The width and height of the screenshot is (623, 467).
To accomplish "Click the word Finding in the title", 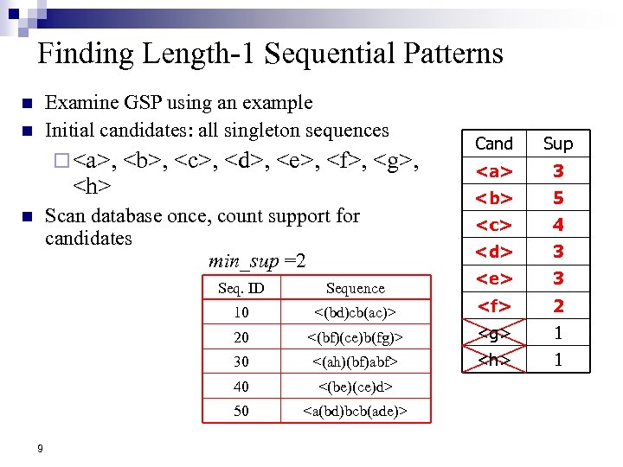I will tap(84, 54).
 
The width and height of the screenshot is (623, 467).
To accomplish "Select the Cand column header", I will tap(494, 144).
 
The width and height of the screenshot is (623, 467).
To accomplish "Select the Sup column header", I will tap(558, 144).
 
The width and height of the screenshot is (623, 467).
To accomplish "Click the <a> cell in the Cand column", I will tap(494, 171).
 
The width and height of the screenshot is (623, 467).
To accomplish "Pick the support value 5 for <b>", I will tap(558, 198).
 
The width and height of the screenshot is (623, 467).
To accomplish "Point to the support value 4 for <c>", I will tap(558, 225).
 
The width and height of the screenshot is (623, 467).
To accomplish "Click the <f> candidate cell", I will tap(494, 305).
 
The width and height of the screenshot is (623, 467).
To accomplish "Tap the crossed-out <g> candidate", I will tap(494, 332).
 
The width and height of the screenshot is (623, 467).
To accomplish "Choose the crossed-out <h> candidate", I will tap(494, 359).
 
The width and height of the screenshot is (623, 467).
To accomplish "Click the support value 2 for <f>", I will tap(558, 305).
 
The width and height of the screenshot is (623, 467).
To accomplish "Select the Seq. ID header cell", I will tap(241, 288).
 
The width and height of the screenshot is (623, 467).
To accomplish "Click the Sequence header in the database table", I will tap(355, 288).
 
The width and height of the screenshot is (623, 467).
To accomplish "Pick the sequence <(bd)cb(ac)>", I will tap(355, 312).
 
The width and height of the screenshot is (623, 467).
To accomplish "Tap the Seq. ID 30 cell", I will tap(241, 361).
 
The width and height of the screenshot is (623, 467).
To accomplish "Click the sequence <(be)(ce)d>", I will tap(355, 387).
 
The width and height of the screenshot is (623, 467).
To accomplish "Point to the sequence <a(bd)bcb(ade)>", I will tap(355, 411).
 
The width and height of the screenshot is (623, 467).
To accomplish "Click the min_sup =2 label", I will tap(257, 261).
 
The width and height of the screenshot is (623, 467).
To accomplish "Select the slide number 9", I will tap(41, 448).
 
